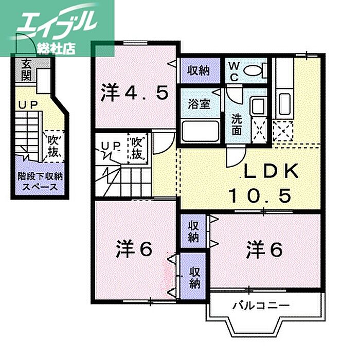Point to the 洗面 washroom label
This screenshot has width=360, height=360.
point(237,123)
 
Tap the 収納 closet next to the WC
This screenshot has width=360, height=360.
point(198,70)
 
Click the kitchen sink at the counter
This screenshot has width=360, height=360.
point(283,100)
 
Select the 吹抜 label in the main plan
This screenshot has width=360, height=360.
point(137,147)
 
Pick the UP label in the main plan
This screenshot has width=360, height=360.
point(110,146)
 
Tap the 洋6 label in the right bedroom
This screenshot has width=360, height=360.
point(263,249)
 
